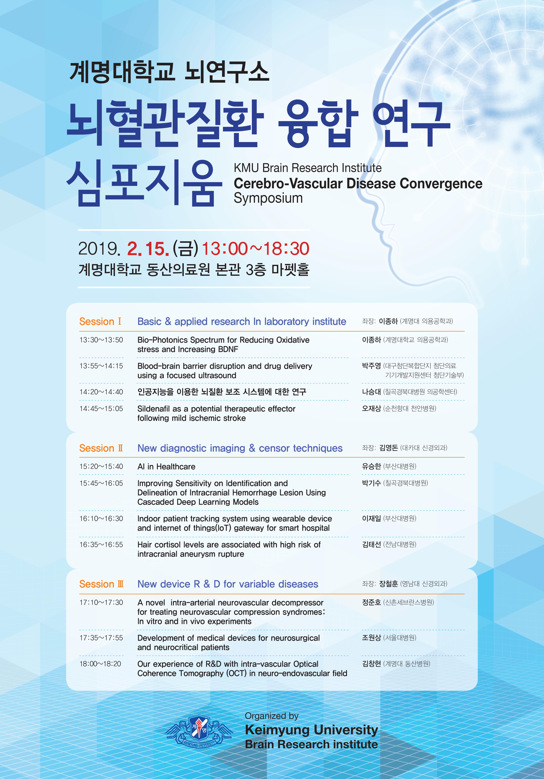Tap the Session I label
click(100, 321)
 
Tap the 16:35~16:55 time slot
click(101, 545)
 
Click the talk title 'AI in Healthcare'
click(166, 467)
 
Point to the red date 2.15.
click(148, 249)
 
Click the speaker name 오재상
click(371, 409)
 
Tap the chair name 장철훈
click(389, 584)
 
